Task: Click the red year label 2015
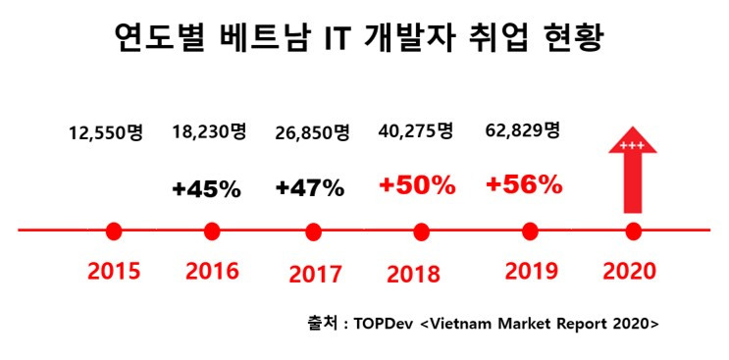pyautogui.click(x=114, y=272)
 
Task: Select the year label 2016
pyautogui.click(x=212, y=272)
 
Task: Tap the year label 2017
pyautogui.click(x=315, y=274)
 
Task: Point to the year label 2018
pyautogui.click(x=413, y=274)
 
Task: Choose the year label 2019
pyautogui.click(x=532, y=272)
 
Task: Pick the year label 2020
pyautogui.click(x=629, y=272)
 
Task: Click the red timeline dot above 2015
pyautogui.click(x=114, y=231)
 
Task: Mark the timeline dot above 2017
pyautogui.click(x=314, y=231)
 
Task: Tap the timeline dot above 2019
pyautogui.click(x=530, y=231)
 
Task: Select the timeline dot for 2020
pyautogui.click(x=632, y=231)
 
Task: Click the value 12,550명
pyautogui.click(x=106, y=134)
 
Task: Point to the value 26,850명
pyautogui.click(x=312, y=134)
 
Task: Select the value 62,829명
pyautogui.click(x=522, y=131)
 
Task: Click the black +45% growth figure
pyautogui.click(x=206, y=189)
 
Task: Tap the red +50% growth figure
pyautogui.click(x=417, y=186)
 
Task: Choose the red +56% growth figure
pyautogui.click(x=524, y=186)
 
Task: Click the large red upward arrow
pyautogui.click(x=632, y=170)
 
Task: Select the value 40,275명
pyautogui.click(x=415, y=131)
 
